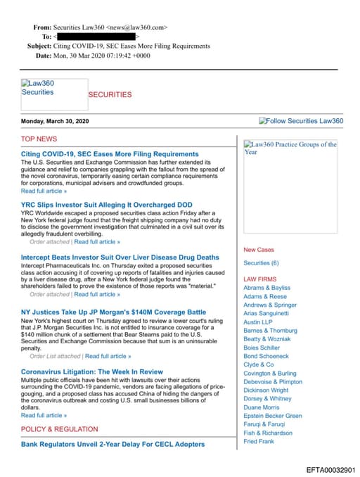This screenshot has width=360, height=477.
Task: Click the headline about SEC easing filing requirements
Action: pos(110,153)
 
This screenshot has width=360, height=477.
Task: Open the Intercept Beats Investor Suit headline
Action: pos(120,257)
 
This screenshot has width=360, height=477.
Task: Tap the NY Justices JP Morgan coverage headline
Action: pos(113,312)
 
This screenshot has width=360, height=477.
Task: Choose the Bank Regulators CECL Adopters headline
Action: pos(112,444)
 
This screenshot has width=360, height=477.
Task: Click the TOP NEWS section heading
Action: pos(39,139)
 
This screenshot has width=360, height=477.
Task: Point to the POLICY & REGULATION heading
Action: pos(59,429)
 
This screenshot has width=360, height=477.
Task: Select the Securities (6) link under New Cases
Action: pos(261,263)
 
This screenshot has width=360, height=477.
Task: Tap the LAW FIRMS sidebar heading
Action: pos(259,279)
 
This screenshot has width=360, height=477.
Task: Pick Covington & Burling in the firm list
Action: pos(270,374)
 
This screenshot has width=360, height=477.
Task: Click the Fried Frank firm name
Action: pos(259,441)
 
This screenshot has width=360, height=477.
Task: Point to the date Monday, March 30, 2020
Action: pos(55,121)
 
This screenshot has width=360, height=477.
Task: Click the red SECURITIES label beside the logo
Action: pos(110,94)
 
